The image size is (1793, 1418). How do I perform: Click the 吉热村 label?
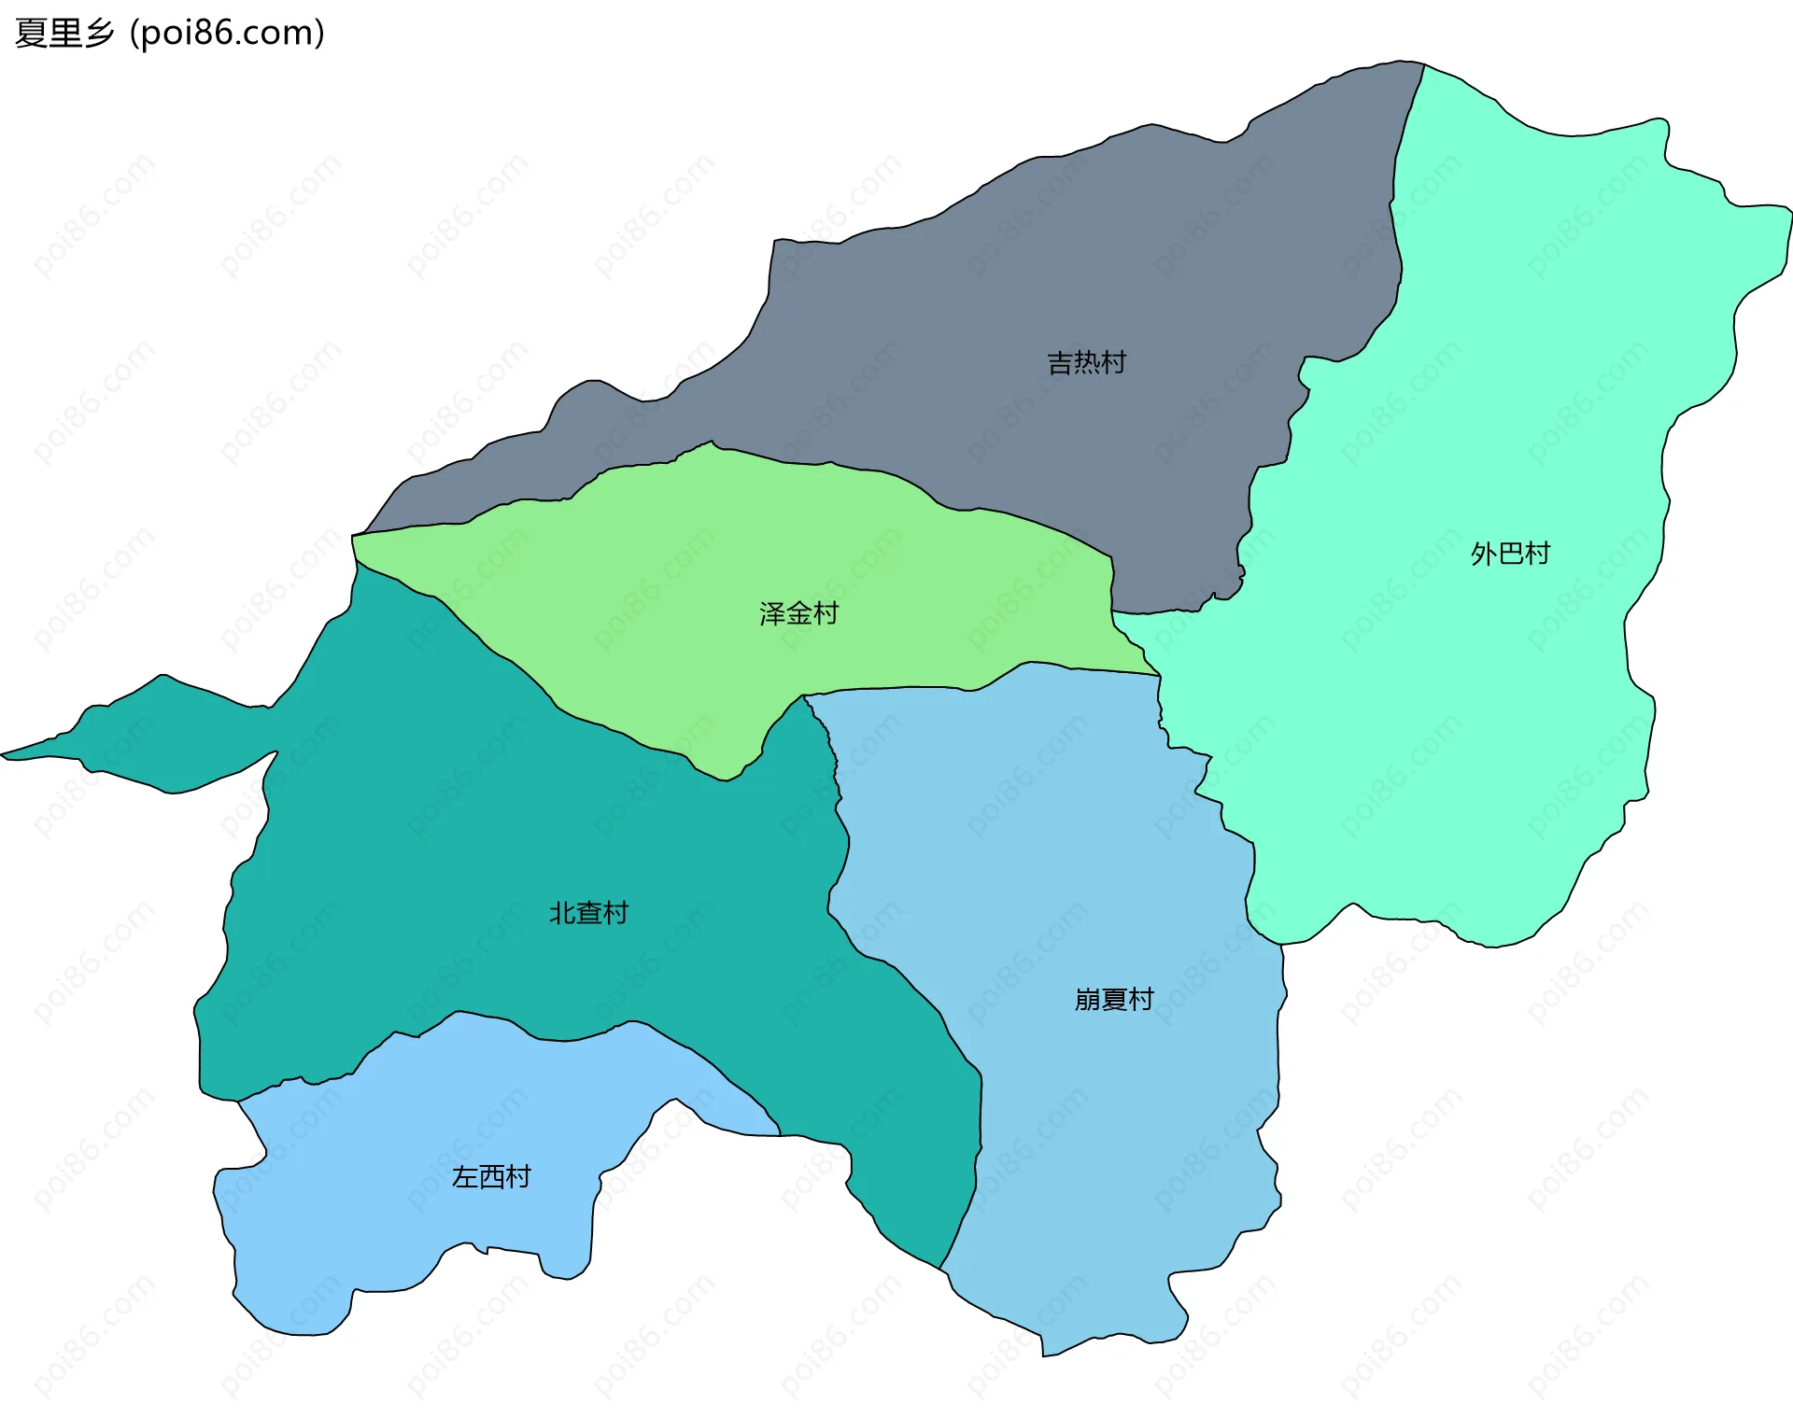[x=1086, y=362]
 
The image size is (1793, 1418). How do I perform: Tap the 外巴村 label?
[x=1509, y=554]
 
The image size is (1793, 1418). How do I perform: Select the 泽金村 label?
[x=798, y=613]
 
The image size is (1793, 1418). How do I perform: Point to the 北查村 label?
[x=588, y=913]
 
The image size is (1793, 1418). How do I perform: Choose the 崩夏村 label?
[x=1113, y=1000]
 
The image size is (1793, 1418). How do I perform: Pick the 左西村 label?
[x=491, y=1176]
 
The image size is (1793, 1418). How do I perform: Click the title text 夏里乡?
[x=64, y=33]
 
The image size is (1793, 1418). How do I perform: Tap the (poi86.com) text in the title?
[x=227, y=33]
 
